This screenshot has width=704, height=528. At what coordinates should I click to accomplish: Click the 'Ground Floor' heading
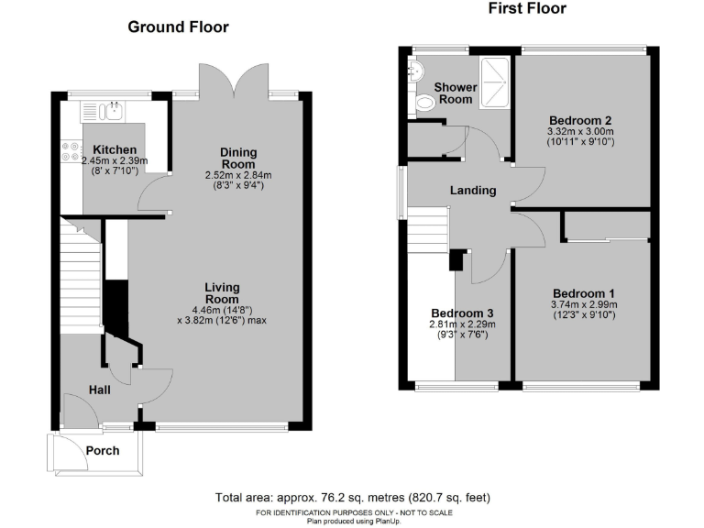178,27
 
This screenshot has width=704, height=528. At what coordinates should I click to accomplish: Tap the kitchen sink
113,112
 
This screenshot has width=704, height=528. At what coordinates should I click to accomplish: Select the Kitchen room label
115,149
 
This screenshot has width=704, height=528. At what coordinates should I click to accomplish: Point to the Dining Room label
238,158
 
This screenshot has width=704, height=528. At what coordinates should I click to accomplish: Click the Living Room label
222,293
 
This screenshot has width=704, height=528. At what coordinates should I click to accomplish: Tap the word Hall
100,390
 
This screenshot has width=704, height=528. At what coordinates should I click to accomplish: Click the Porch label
103,451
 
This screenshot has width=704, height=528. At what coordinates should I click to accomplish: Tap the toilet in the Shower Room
423,104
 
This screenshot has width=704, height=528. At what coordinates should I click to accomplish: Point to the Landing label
473,191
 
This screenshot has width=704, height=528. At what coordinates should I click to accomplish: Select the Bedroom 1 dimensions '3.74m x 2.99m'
583,304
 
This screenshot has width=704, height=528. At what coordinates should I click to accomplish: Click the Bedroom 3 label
463,311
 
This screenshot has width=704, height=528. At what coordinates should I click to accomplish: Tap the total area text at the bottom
352,498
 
